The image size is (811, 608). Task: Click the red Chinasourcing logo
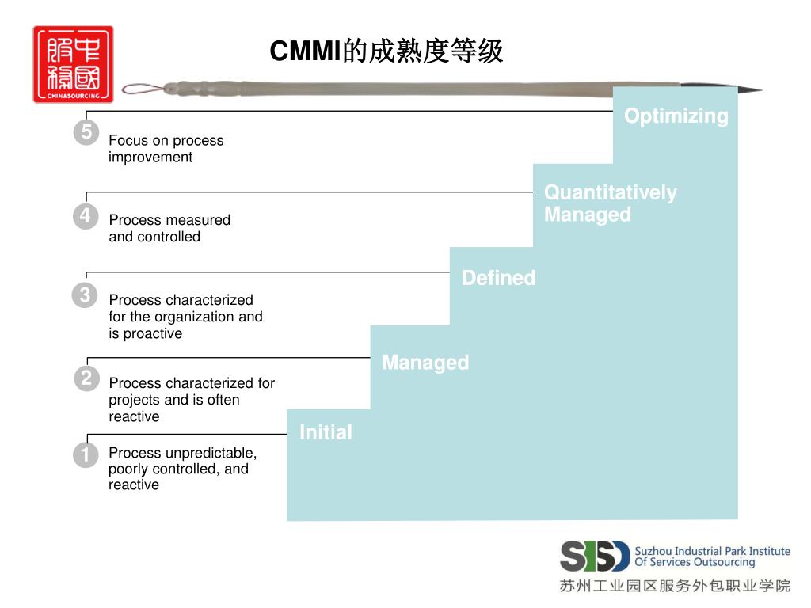click(73, 64)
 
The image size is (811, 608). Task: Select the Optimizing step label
click(676, 116)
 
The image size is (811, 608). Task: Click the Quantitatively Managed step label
click(610, 203)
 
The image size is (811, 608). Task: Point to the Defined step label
click(498, 278)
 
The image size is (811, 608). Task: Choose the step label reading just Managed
click(425, 363)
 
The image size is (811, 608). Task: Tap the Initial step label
click(326, 432)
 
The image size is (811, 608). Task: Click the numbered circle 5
click(86, 132)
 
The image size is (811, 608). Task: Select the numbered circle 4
click(86, 215)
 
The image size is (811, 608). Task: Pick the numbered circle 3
click(85, 296)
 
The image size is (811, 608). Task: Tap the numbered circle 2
click(86, 378)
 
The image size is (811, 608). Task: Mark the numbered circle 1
click(86, 455)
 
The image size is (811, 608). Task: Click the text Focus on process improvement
click(166, 149)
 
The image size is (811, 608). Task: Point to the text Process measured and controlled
click(169, 228)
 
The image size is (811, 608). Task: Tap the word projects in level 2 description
click(131, 400)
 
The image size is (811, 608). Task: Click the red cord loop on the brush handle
click(143, 89)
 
